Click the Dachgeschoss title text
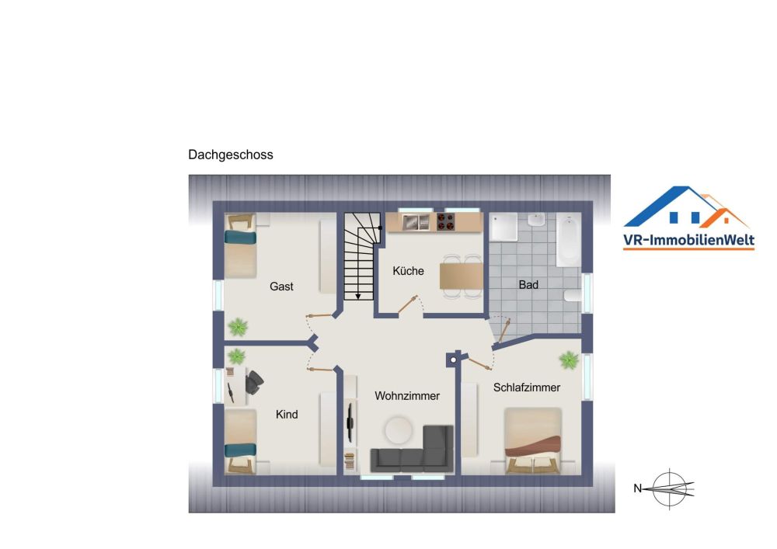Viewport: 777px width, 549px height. pos(230,155)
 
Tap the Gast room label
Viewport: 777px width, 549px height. pos(281,287)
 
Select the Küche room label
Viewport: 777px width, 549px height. pos(408,271)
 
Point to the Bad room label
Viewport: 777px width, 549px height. pos(528,285)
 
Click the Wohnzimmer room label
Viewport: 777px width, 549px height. pos(407,396)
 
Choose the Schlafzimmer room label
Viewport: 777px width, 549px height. pos(527,387)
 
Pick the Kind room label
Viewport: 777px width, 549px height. pos(287,415)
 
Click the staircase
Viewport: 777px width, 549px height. pos(359,256)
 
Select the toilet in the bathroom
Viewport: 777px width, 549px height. pos(573,295)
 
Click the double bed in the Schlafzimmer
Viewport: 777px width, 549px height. pos(532,440)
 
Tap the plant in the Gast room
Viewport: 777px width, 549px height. pos(238,327)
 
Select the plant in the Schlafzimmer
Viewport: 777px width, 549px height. pos(569,360)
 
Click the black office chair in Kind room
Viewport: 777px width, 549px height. pos(254,380)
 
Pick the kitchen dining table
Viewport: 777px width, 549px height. pos(461,276)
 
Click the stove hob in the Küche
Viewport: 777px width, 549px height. pos(446,223)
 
